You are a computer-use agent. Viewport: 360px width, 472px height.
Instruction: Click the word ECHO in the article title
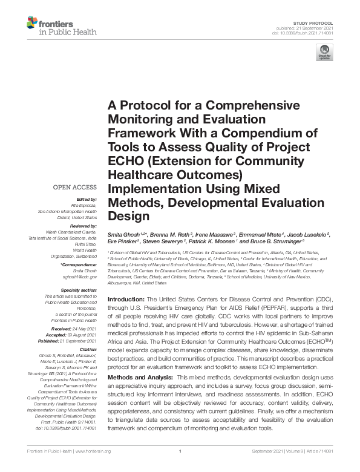pos(126,161)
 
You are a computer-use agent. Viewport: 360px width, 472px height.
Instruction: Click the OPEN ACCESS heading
pos(75,187)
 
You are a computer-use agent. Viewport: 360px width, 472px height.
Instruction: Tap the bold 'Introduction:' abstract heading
pos(126,300)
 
